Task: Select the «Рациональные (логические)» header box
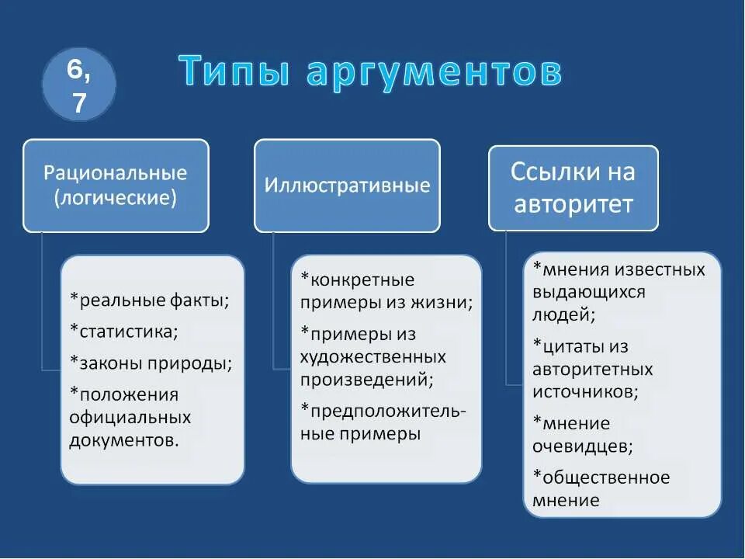(x=116, y=186)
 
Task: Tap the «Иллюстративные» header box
(x=347, y=186)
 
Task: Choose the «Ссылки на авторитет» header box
(x=573, y=188)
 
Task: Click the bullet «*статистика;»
(x=123, y=332)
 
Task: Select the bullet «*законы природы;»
(x=151, y=363)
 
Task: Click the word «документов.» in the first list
(x=123, y=440)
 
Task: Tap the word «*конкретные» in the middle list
(x=357, y=279)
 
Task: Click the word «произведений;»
(x=366, y=380)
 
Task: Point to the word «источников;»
(x=585, y=392)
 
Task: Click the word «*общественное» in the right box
(x=601, y=477)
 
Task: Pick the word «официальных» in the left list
(x=130, y=417)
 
